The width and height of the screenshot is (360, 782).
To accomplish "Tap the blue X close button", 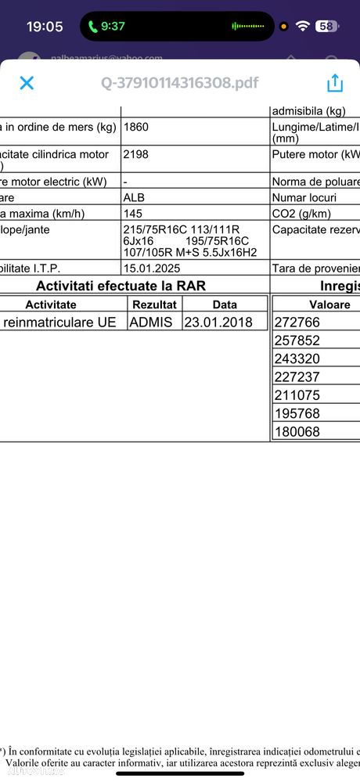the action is click(x=27, y=83).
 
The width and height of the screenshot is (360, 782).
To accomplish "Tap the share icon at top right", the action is click(x=334, y=83).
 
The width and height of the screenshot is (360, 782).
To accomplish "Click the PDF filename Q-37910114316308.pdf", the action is click(x=179, y=83).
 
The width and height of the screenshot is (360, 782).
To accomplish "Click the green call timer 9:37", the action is click(x=106, y=26).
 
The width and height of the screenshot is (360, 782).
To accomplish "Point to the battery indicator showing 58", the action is click(x=326, y=26).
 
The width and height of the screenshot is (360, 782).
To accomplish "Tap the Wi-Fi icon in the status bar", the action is click(x=302, y=26).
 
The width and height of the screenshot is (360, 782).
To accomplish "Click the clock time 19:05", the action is click(x=45, y=27).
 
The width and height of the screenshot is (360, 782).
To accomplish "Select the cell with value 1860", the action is click(x=138, y=127).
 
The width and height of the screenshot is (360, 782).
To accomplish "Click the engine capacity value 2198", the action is click(x=138, y=155).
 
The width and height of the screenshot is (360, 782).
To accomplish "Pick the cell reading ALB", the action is click(x=135, y=198).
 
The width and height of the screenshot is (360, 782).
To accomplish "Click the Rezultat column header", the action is click(x=154, y=305).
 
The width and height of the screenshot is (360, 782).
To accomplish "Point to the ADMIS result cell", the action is click(x=153, y=322).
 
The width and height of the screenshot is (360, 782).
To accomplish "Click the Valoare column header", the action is click(x=313, y=305).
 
